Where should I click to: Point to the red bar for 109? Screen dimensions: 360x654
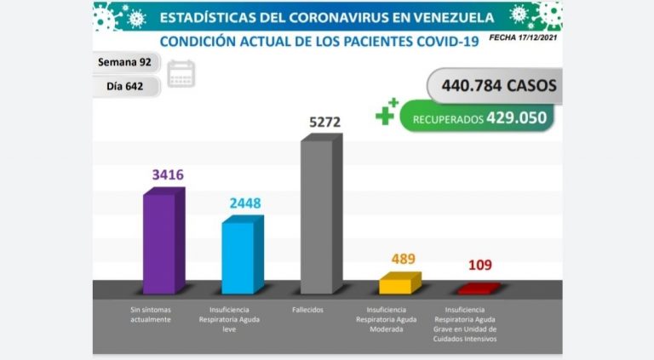point(476,289)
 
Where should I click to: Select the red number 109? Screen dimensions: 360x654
point(479,266)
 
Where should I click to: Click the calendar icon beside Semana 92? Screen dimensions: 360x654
point(181,73)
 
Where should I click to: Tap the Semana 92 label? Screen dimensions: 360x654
point(124,63)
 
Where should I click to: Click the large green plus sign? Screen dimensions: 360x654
point(386,114)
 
